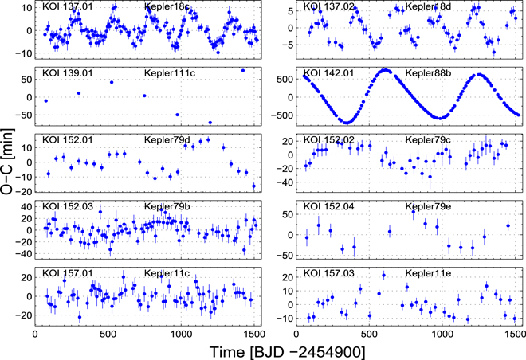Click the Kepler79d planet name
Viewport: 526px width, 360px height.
[167, 141]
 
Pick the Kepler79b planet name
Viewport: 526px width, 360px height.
[167, 207]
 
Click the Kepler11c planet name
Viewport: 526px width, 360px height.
[167, 274]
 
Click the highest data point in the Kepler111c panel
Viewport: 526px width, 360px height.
[243, 70]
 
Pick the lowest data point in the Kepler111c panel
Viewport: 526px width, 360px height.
[210, 123]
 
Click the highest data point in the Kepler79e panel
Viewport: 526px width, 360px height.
[413, 213]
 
